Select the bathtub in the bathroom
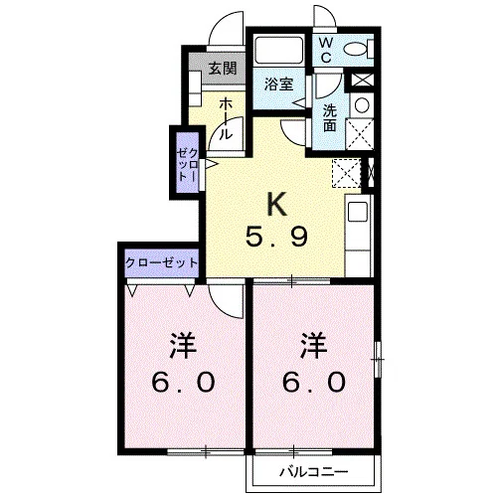point(278,50)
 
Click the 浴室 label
point(278,84)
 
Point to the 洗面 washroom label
point(330,118)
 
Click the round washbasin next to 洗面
point(362,105)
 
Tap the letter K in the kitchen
point(277,204)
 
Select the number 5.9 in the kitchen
point(276,236)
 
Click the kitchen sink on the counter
point(358,212)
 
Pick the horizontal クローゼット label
point(162,263)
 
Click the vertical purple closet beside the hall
point(188,162)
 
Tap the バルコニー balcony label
point(313,472)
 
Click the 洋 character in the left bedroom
point(183,346)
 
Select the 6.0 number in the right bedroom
point(314,382)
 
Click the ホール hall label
point(225,118)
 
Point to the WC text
point(326,50)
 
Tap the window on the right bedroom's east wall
point(378,359)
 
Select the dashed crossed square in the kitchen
point(346,173)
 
